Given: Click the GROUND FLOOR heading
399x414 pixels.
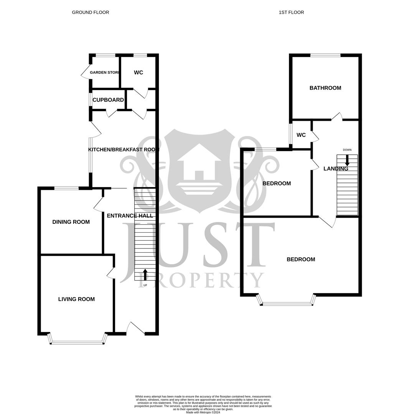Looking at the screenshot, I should coord(91,12).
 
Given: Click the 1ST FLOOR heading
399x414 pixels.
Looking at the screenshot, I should coord(291,12).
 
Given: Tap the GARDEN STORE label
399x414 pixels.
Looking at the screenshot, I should coord(104,72).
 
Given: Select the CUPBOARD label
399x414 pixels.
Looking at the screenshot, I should coord(108,100).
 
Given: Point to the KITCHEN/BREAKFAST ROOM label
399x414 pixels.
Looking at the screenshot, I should coord(124,149).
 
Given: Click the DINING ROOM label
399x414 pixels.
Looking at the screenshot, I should coord(71,222).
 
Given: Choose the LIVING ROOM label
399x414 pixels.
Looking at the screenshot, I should coord(76,299).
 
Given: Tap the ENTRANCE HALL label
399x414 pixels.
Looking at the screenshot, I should coord(130,216).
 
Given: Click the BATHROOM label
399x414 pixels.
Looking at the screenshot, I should coord(325,88).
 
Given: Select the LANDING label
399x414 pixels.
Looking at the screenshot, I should coord(336,169).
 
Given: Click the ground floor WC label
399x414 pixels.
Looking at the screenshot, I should coord(138,72).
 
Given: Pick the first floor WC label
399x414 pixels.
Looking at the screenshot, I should coord(301,135).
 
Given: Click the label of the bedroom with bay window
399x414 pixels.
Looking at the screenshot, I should coord(301,260).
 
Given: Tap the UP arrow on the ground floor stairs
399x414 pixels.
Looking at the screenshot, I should coord(145,275).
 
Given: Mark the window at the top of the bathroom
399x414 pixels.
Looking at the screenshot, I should coord(325,56).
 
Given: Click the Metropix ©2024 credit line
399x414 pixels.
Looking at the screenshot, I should coord(203,412).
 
